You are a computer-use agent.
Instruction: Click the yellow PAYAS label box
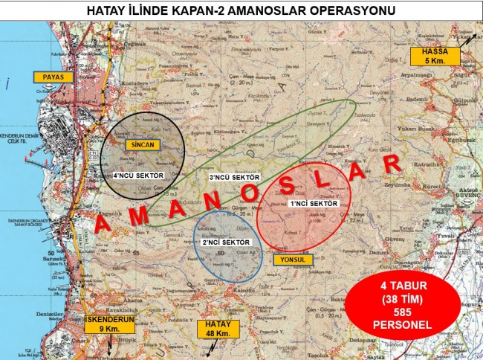pos(48,77)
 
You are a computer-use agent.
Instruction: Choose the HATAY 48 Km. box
pos(218,328)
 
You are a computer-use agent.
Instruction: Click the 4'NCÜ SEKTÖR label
pos(138,176)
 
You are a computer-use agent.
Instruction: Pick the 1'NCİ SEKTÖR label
pos(314,203)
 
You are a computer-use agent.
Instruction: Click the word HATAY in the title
pos(108,11)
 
